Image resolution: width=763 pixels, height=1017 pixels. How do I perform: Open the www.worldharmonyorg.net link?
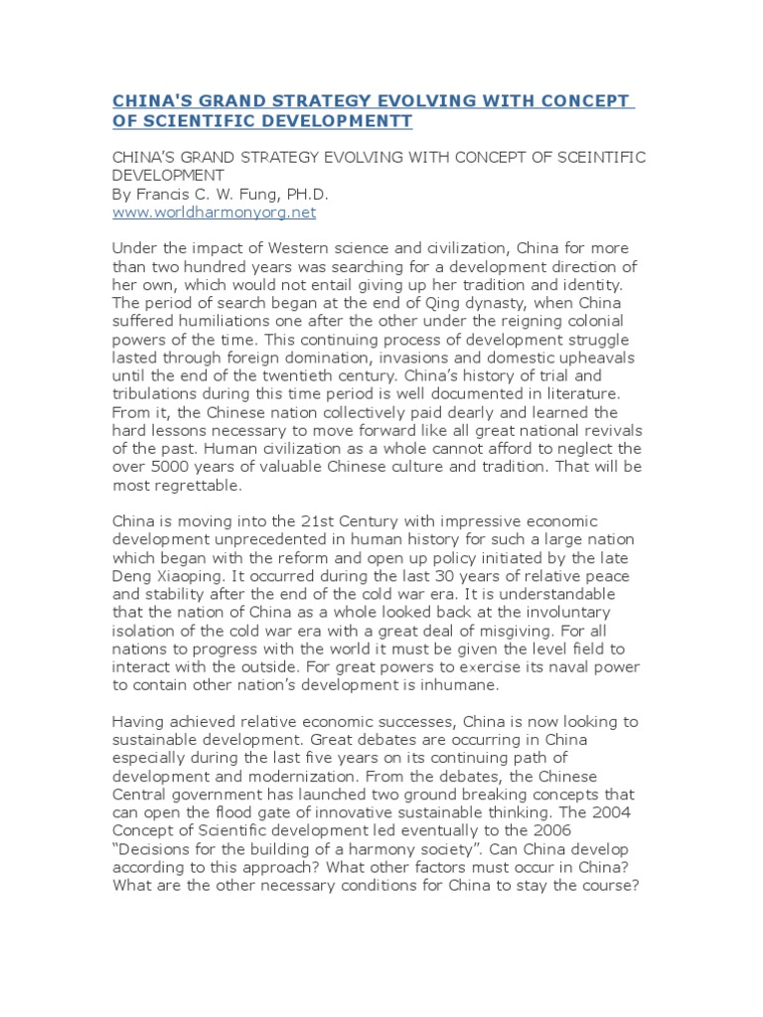(214, 213)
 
